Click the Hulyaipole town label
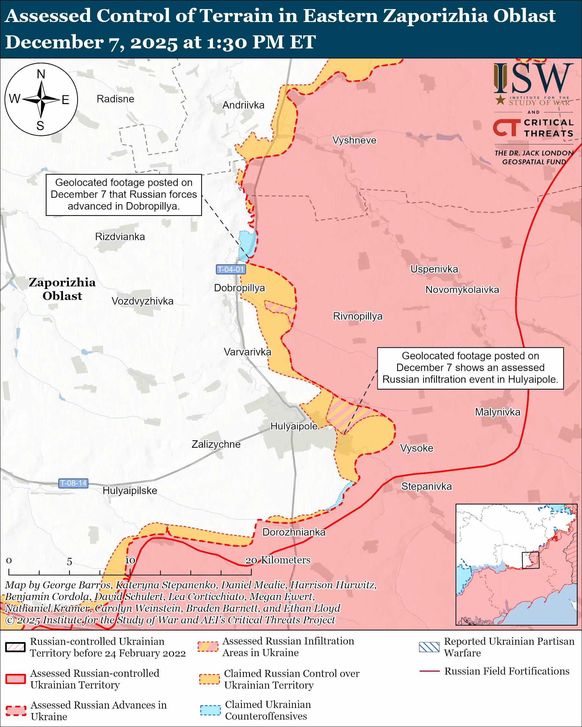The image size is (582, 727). (x=294, y=426)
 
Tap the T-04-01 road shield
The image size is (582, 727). (x=231, y=270)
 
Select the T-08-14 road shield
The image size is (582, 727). (x=73, y=483)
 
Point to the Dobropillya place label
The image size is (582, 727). (x=240, y=288)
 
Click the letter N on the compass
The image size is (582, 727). (x=41, y=74)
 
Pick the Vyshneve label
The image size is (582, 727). (x=354, y=140)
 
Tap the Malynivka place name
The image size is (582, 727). (x=498, y=412)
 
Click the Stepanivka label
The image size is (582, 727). (x=426, y=486)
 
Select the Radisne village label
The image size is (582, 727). (x=115, y=99)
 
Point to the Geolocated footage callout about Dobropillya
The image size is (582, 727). (x=124, y=195)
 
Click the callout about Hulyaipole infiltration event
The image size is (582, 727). (x=470, y=368)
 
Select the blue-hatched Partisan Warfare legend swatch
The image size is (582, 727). (x=429, y=647)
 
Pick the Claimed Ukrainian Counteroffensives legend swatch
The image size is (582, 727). (x=210, y=710)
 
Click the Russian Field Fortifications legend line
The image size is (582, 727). (x=429, y=671)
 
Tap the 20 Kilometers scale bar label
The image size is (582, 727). (x=278, y=560)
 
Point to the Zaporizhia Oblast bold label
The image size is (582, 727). (x=62, y=289)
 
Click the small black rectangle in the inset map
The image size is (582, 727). (x=530, y=560)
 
